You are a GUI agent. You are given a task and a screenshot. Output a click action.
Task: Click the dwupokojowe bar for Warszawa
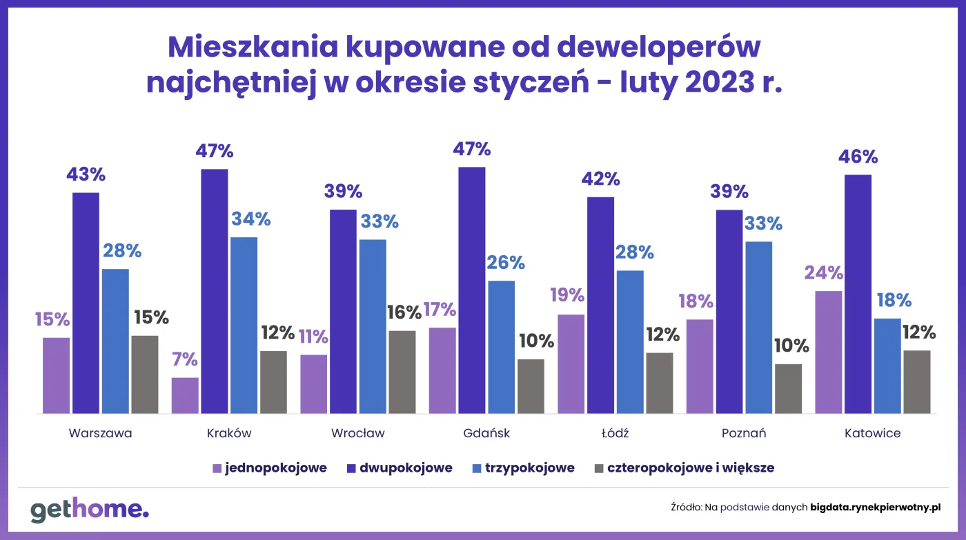coord(86,303)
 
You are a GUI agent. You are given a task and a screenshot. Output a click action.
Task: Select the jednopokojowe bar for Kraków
coord(185,396)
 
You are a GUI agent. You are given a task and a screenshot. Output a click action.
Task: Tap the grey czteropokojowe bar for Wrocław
coord(402,372)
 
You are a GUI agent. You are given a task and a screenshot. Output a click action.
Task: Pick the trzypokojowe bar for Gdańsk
coord(501,347)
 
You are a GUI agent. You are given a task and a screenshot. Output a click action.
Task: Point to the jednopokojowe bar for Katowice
coord(828,352)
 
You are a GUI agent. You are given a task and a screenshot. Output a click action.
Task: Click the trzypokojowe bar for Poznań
coord(758,328)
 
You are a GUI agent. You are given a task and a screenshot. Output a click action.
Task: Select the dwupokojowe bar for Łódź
coord(601,306)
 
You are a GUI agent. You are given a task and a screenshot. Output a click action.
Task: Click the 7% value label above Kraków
coord(185,359)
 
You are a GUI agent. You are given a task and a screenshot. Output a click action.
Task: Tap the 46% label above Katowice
coord(857,157)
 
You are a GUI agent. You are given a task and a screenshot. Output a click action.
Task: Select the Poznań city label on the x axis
coord(744,434)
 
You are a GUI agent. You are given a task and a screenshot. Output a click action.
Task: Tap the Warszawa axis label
coord(100,434)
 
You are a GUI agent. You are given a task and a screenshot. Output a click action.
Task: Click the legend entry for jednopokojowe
coord(269,468)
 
